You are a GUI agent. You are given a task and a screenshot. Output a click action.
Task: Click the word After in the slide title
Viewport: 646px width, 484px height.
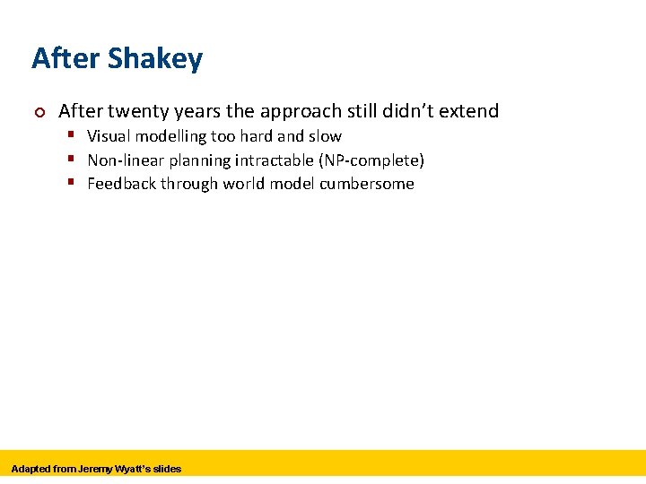[x=65, y=59]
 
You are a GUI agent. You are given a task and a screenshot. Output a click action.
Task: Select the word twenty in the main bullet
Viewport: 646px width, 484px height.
[x=135, y=111]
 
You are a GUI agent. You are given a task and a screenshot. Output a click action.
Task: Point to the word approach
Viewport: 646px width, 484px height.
[x=301, y=112]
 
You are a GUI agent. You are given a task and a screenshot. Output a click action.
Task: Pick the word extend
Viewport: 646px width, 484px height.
[x=470, y=111]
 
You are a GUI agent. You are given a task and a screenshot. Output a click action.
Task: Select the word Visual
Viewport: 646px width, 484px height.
[x=109, y=136]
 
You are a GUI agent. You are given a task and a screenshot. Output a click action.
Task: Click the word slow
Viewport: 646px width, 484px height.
[x=325, y=136]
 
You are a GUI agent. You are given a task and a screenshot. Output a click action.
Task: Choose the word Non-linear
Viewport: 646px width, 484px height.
[x=127, y=160]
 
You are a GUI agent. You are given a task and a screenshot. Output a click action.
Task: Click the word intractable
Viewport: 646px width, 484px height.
[x=268, y=160]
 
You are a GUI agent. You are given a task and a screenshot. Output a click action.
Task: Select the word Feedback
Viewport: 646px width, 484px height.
[x=122, y=184]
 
